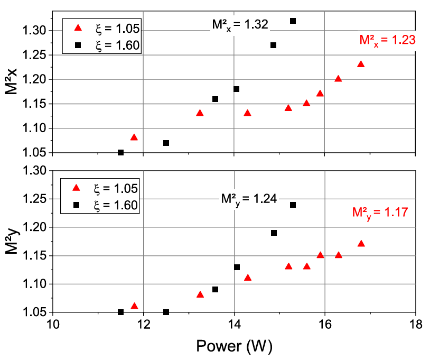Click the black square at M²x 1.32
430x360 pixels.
pyautogui.click(x=293, y=21)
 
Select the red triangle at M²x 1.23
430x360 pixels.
pyautogui.click(x=361, y=64)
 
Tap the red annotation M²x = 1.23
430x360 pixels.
pyautogui.click(x=388, y=39)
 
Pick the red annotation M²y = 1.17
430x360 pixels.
pyautogui.click(x=380, y=213)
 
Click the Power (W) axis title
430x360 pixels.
pyautogui.click(x=234, y=346)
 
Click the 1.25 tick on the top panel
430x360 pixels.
pyautogui.click(x=34, y=55)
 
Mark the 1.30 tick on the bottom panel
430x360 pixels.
pyautogui.click(x=34, y=171)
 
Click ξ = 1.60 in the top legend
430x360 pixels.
pyautogui.click(x=117, y=46)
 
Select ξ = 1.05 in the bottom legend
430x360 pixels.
pyautogui.click(x=117, y=188)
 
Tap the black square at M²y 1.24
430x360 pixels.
pyautogui.click(x=293, y=205)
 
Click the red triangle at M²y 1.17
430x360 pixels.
pyautogui.click(x=361, y=244)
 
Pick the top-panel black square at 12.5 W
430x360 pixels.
pyautogui.click(x=166, y=143)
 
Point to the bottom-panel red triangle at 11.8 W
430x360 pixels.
pyautogui.click(x=134, y=306)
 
